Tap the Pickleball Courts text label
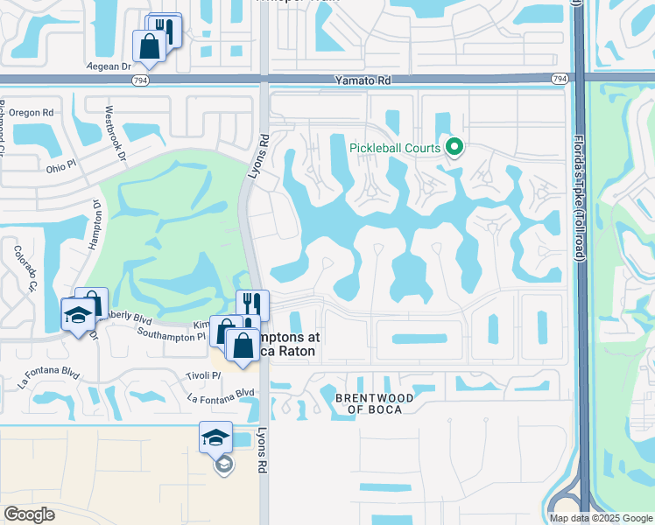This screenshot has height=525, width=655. (x=394, y=148)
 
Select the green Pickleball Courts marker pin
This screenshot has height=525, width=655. (x=454, y=147)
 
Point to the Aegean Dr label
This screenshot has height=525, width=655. (x=109, y=66)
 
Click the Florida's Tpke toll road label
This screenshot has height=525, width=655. (x=578, y=197)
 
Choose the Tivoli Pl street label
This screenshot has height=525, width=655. (x=203, y=375)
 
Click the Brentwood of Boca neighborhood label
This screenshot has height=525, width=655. (x=374, y=404)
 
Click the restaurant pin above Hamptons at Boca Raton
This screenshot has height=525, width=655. (x=252, y=304)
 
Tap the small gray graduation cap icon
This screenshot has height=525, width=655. (x=223, y=465)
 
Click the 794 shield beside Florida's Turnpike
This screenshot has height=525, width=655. (x=559, y=79)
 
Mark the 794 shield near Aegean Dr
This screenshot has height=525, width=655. (x=140, y=80)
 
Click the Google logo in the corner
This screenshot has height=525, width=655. (x=29, y=514)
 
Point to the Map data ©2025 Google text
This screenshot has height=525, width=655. (x=601, y=518)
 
